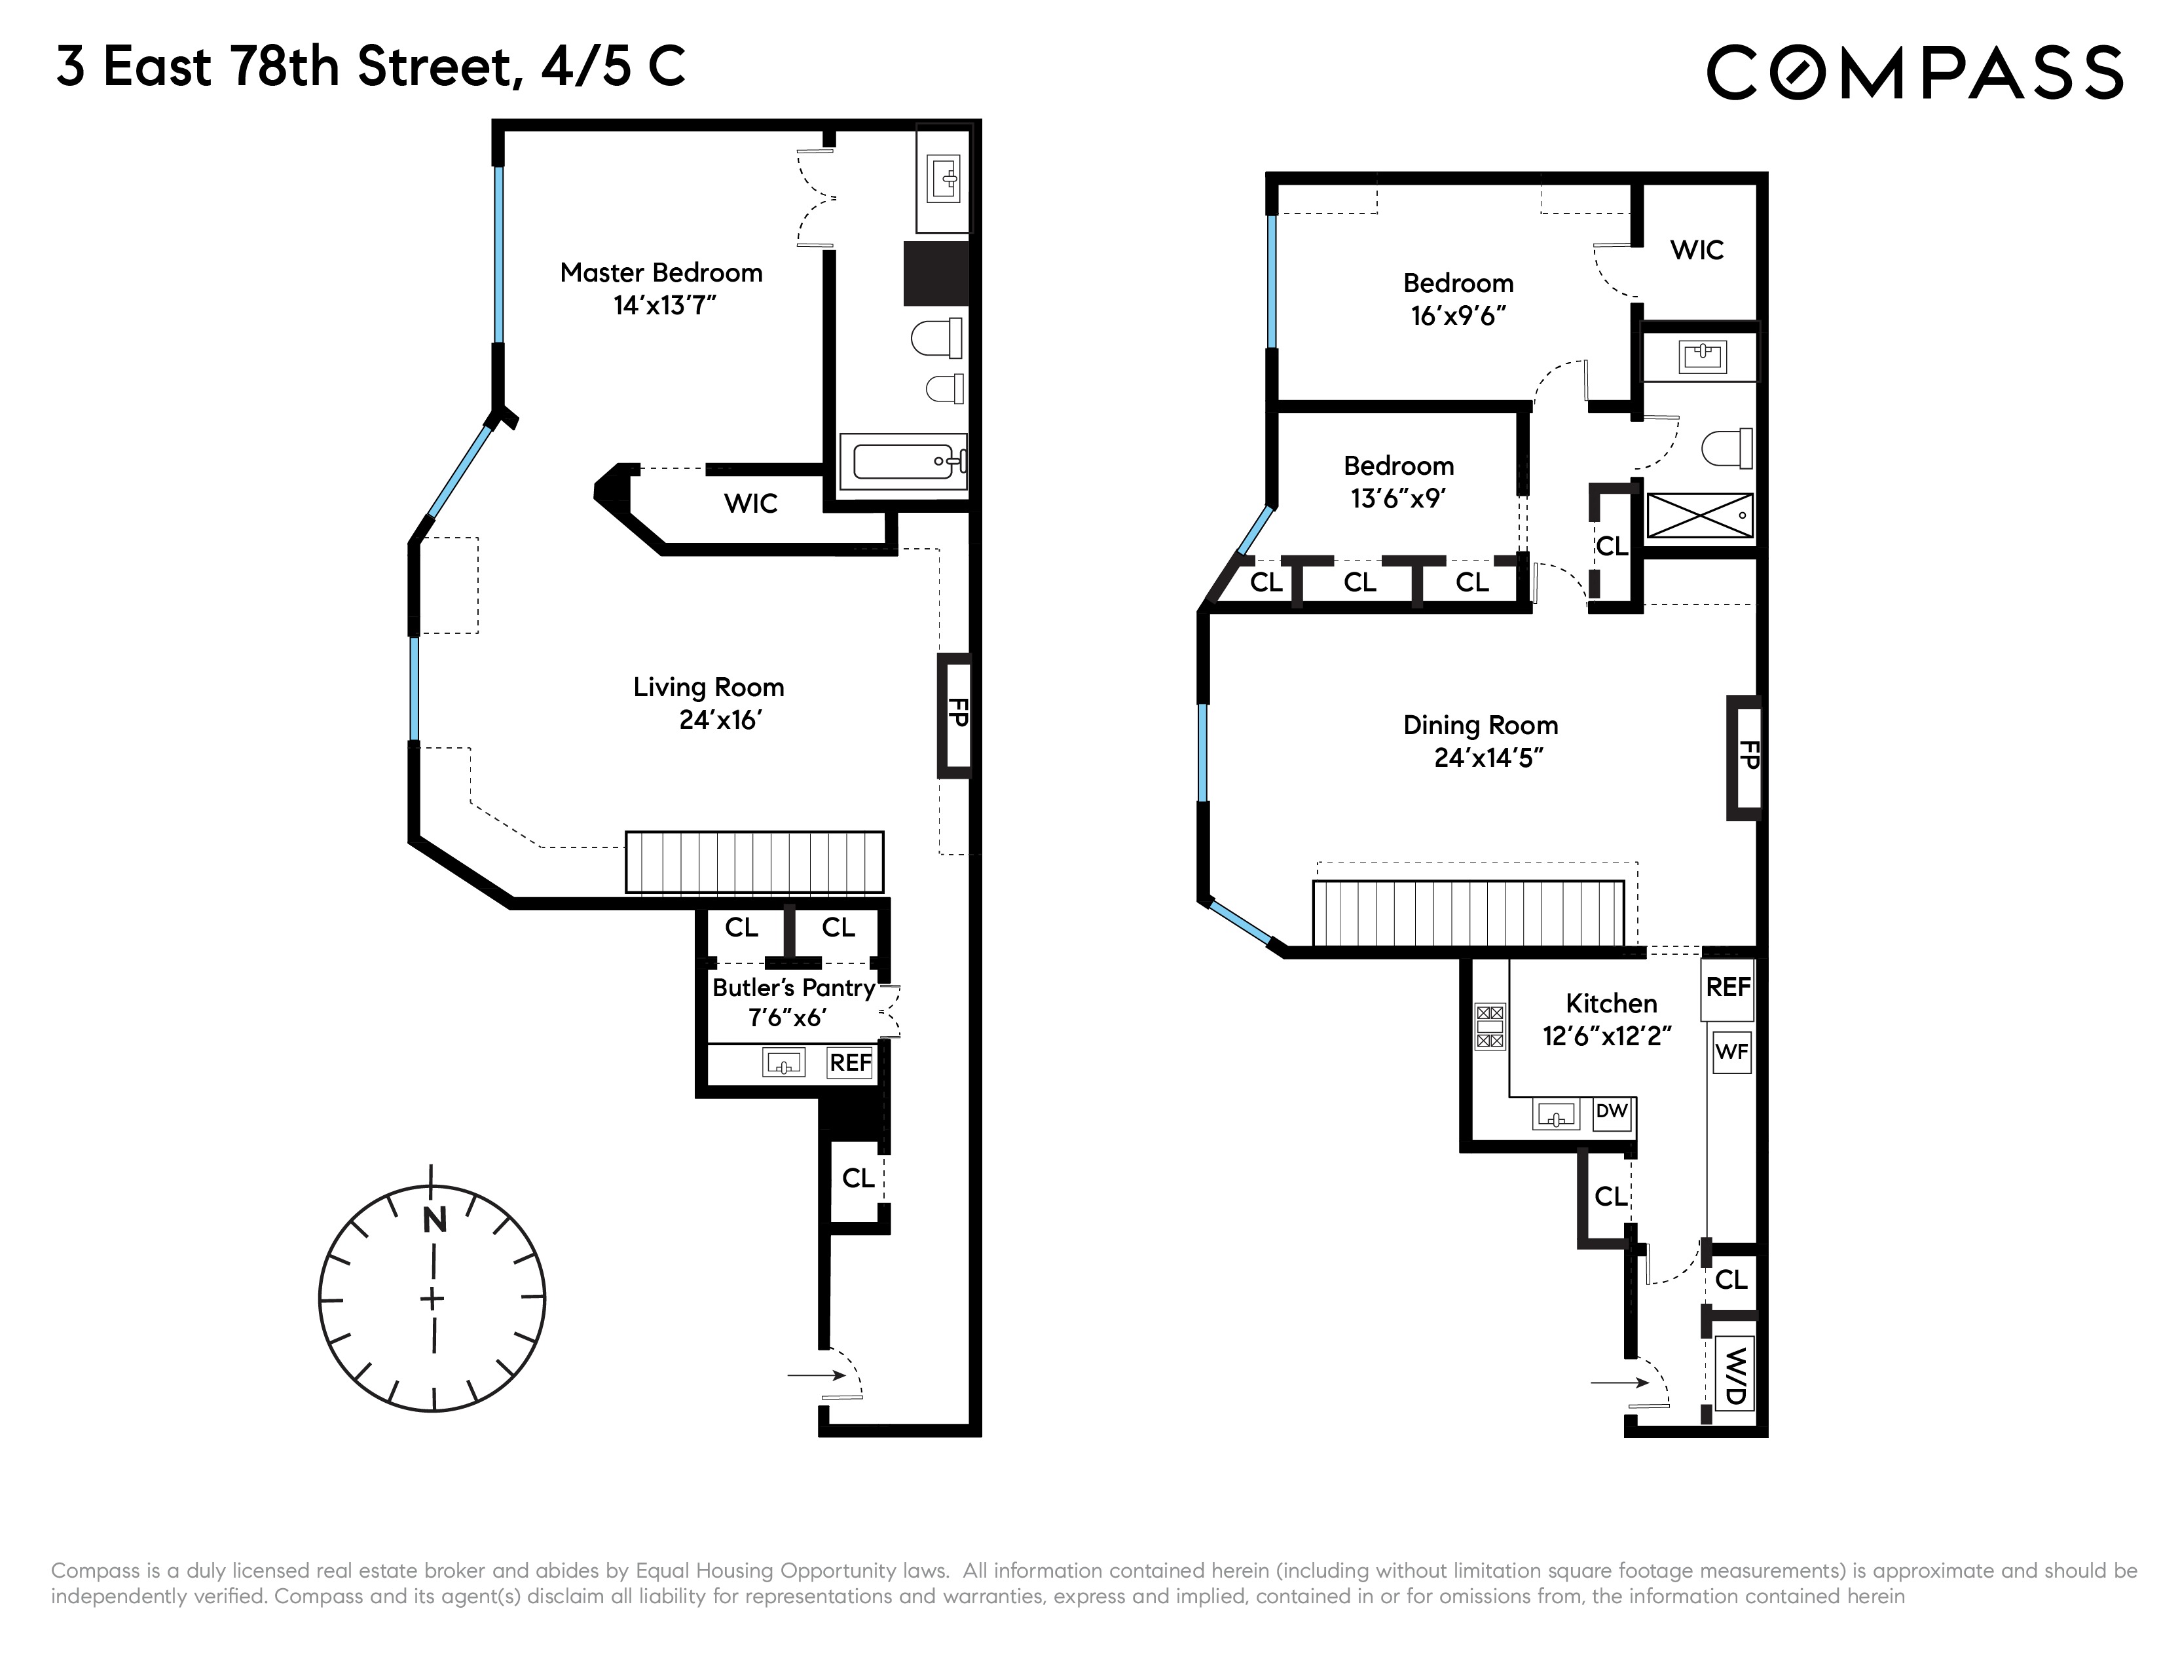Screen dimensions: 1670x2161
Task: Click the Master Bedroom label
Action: point(661,273)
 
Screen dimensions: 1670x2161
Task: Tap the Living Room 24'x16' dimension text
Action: point(719,720)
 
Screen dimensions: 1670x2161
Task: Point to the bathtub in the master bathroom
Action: point(902,461)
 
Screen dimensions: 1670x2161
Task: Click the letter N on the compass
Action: point(434,1221)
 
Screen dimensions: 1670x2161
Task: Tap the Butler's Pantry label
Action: point(794,988)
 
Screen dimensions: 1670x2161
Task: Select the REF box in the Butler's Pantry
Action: point(850,1062)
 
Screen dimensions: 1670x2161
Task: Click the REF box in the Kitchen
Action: point(1727,988)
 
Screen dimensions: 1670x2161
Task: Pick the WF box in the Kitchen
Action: point(1731,1052)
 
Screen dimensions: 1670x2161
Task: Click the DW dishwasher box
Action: point(1611,1111)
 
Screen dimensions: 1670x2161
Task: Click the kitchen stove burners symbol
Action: point(1489,1026)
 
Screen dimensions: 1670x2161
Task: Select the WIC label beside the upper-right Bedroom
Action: point(1696,250)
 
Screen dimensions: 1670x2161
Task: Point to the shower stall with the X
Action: point(1699,515)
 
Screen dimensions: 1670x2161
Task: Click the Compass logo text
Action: point(1915,71)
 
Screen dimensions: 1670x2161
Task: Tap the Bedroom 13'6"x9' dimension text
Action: point(1398,498)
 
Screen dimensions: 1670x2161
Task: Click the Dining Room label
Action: point(1480,725)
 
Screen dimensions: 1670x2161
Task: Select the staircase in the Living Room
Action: point(754,862)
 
